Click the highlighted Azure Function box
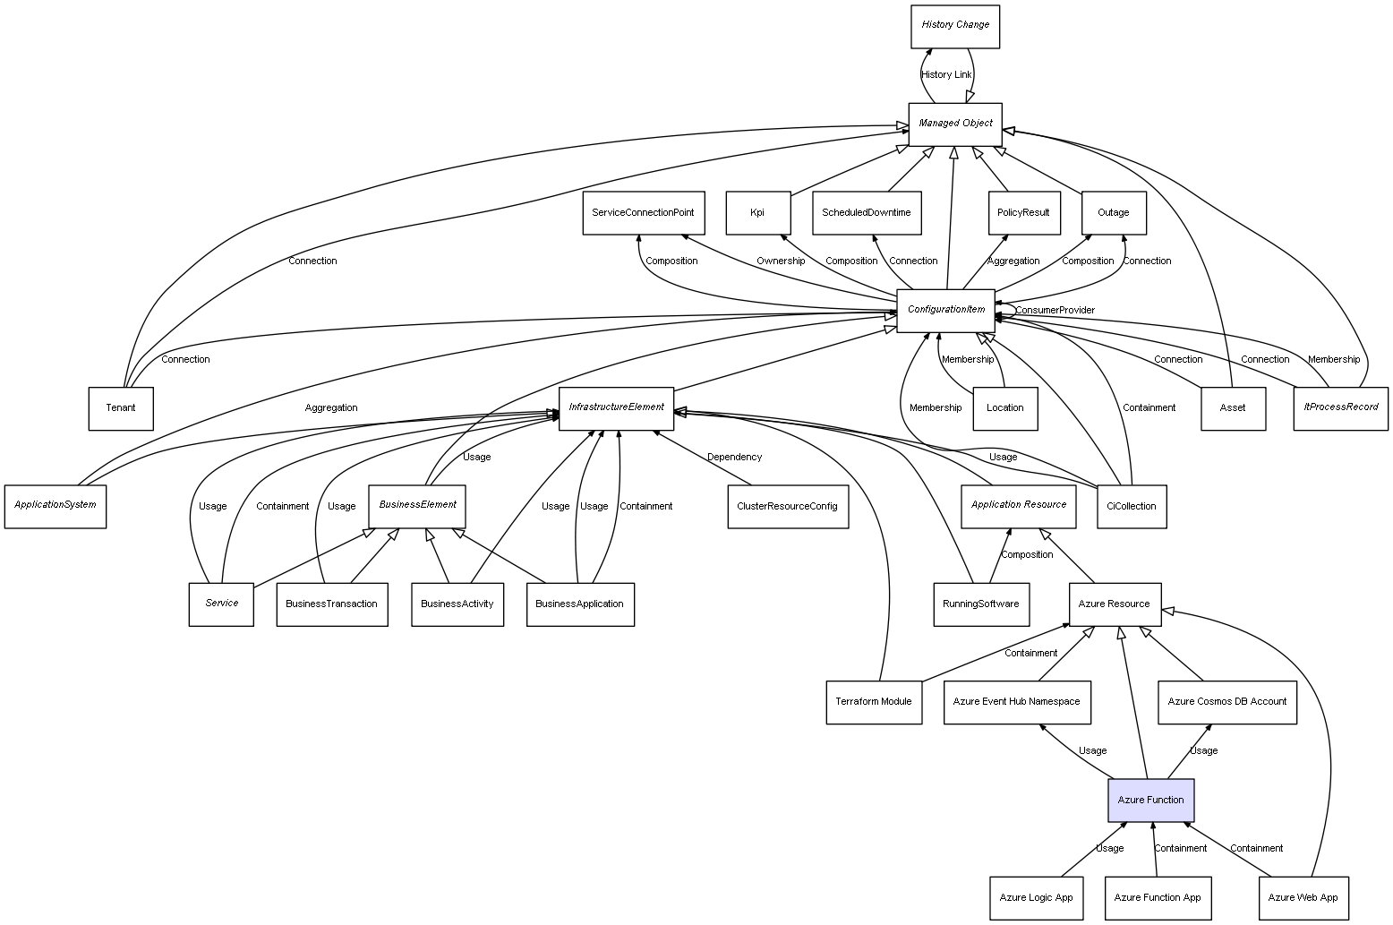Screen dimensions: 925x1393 1150,800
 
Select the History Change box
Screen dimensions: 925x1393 954,26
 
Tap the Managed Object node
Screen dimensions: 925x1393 954,124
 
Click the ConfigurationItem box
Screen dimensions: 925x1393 945,310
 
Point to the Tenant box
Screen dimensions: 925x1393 121,408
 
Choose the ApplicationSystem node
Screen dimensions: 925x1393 55,506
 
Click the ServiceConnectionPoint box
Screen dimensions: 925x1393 643,213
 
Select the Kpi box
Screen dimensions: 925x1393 757,213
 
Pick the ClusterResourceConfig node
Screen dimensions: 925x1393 787,506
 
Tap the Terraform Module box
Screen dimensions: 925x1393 873,702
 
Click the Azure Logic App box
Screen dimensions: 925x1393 1036,897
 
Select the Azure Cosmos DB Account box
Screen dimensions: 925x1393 1226,702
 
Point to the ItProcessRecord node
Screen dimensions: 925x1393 1340,408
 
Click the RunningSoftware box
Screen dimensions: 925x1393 980,604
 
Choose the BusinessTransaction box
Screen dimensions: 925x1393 331,604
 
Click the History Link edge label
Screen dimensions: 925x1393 946,75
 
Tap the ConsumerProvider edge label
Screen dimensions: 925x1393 1055,311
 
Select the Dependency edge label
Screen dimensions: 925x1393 734,458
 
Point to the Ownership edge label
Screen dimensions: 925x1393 780,261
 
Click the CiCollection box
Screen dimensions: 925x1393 1131,506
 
